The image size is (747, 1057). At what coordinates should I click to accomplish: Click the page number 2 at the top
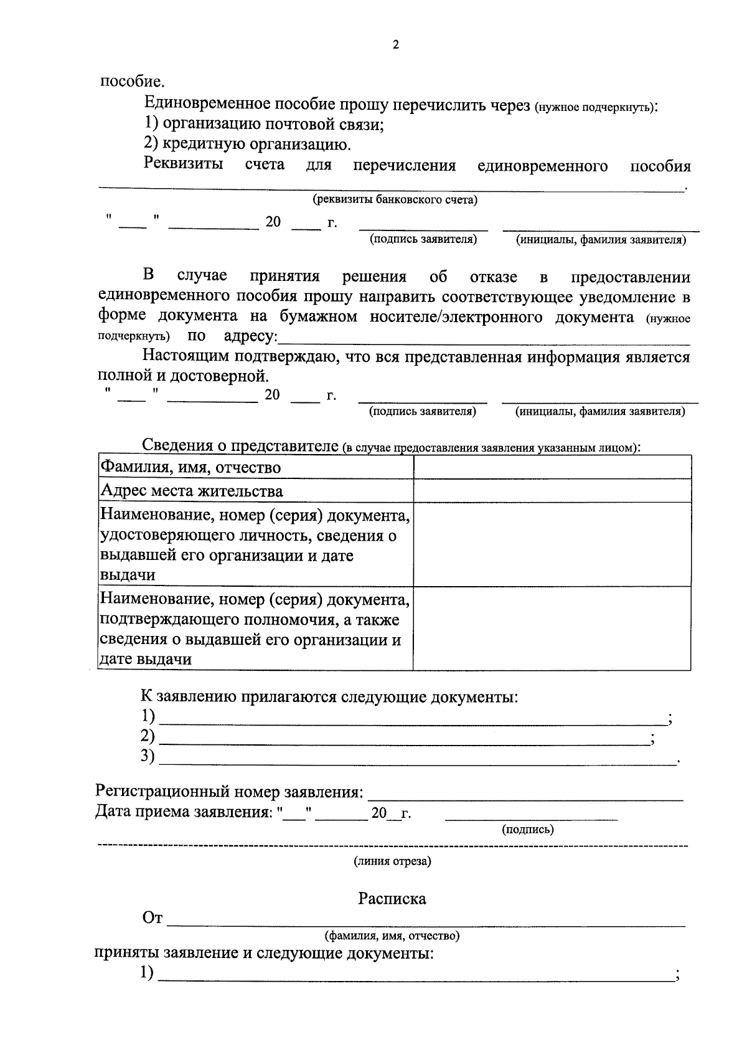[x=395, y=45]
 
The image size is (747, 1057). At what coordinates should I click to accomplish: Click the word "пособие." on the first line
[x=133, y=82]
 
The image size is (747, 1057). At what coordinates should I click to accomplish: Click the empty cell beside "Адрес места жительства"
[x=552, y=491]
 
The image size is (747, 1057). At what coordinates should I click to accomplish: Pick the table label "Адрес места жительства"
[x=192, y=491]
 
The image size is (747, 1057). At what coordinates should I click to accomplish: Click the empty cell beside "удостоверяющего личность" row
[x=552, y=544]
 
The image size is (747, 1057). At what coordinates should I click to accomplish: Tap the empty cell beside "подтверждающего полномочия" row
[x=552, y=628]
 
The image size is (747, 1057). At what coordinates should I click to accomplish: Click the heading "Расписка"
[x=392, y=898]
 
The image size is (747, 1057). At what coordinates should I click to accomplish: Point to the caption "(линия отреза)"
[x=392, y=861]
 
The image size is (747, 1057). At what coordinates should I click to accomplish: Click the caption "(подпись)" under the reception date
[x=527, y=830]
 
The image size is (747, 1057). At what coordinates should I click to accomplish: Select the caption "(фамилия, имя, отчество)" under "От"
[x=392, y=936]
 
